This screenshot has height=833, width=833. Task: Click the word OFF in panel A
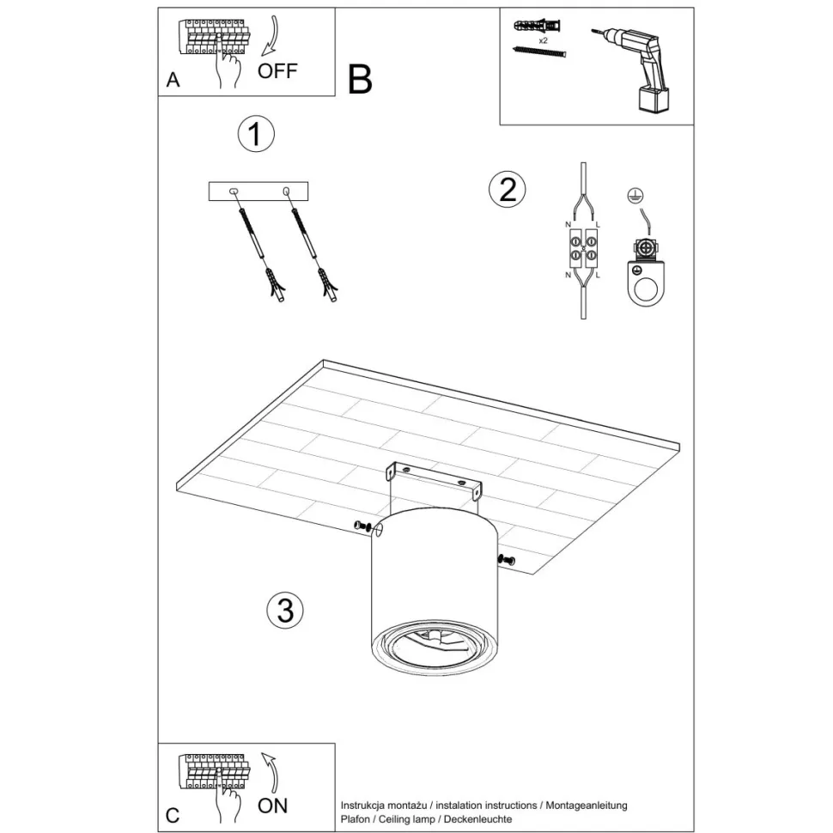point(277,71)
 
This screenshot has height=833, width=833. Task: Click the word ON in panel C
point(273,806)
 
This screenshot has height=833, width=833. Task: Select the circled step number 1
point(255,135)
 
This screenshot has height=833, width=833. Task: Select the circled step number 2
point(507,189)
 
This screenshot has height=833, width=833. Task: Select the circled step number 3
point(285,611)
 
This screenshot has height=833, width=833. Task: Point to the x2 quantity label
point(544,40)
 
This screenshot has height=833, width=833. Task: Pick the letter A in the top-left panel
point(173,81)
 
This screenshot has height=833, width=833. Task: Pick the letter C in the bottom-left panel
point(173,815)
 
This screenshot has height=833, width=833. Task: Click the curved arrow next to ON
point(272,770)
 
